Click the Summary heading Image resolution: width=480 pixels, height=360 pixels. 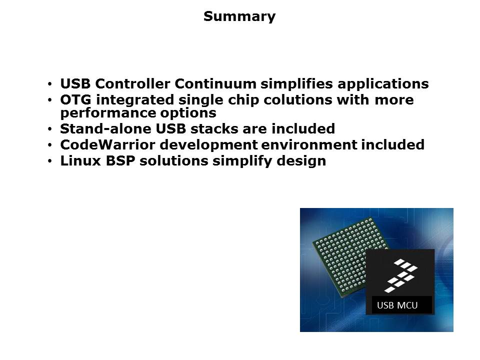[239, 16]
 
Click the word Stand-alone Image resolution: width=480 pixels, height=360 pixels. [105, 128]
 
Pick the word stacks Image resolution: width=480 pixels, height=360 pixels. [214, 128]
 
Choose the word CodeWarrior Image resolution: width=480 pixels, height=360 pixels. [107, 145]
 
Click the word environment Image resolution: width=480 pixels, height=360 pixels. [309, 145]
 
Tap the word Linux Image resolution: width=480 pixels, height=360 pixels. [80, 161]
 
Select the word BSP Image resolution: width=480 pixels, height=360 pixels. [120, 161]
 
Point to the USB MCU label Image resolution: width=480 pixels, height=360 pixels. [397, 305]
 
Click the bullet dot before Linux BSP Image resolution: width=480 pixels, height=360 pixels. [50, 161]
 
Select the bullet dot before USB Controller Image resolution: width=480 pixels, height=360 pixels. [50, 84]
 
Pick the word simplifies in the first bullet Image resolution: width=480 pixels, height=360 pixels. [296, 84]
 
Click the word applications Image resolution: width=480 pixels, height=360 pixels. [383, 84]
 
